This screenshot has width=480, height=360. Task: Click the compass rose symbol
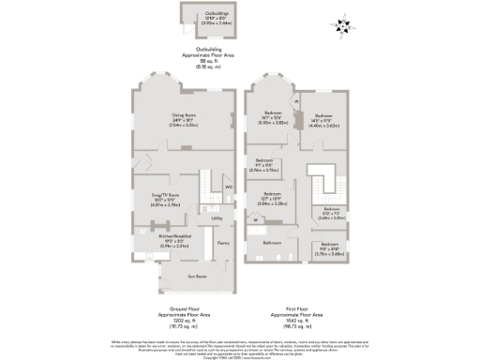point(341,25)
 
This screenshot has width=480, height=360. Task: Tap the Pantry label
point(223,243)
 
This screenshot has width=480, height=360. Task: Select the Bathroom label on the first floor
point(272,242)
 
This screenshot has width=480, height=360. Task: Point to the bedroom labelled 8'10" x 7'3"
point(332,212)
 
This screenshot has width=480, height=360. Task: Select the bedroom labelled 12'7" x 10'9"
point(273,197)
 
